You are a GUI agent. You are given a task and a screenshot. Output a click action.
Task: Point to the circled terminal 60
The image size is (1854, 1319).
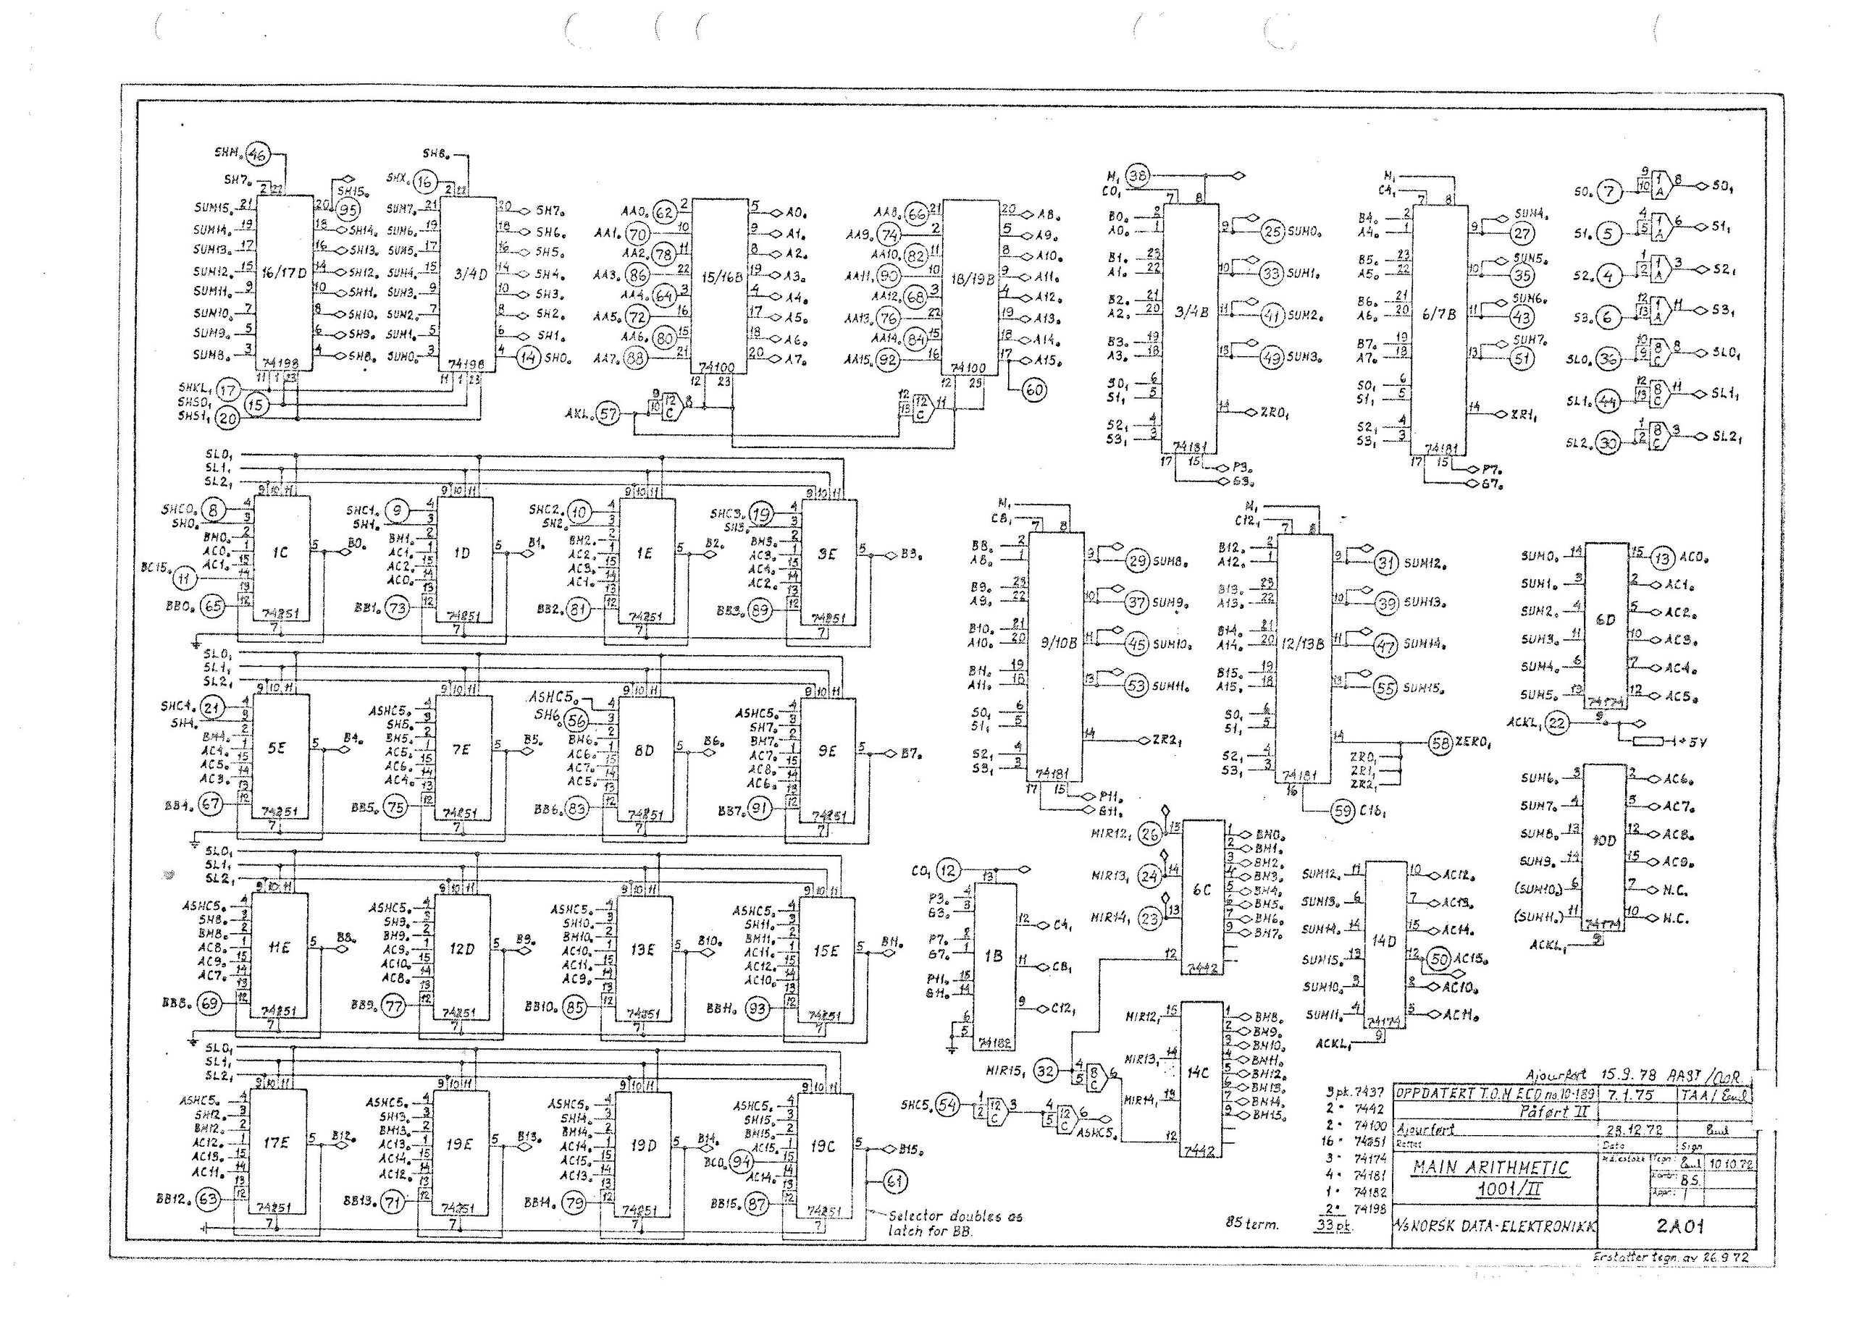[x=1033, y=390]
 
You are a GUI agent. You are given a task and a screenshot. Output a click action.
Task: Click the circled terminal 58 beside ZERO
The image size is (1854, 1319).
[x=1440, y=742]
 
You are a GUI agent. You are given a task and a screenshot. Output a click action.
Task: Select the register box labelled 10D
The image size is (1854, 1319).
[x=1605, y=846]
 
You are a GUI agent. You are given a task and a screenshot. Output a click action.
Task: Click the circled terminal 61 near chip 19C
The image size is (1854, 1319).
[x=894, y=1181]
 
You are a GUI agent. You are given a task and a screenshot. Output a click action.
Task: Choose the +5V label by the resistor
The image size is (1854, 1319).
[x=1689, y=742]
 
